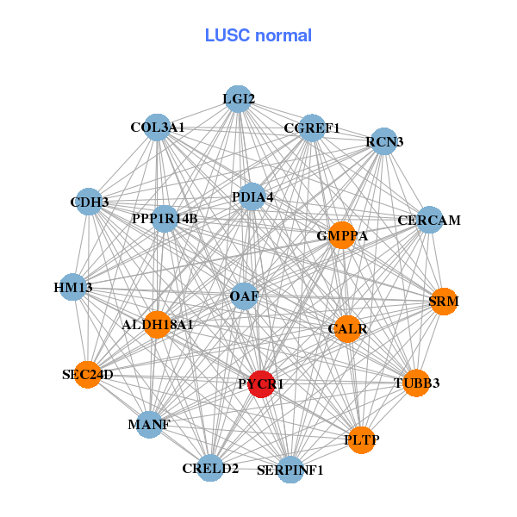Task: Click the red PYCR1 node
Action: (261, 384)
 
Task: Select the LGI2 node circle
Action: (238, 99)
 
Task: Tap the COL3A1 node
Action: (157, 128)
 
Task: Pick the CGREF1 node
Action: (311, 128)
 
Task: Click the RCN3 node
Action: (383, 141)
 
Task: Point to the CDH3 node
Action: (90, 202)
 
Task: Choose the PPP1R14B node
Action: (165, 218)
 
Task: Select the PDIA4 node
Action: (252, 197)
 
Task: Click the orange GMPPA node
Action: (342, 235)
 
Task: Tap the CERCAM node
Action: (428, 221)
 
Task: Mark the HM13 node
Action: (73, 286)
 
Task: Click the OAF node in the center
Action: (244, 296)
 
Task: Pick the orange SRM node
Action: (443, 302)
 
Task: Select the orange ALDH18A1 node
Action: (157, 325)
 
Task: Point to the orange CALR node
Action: (347, 328)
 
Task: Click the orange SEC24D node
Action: (88, 375)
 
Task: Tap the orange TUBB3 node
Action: (416, 383)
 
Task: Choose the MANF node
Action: (149, 425)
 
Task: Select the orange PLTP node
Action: (361, 439)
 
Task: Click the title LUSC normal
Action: (258, 35)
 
